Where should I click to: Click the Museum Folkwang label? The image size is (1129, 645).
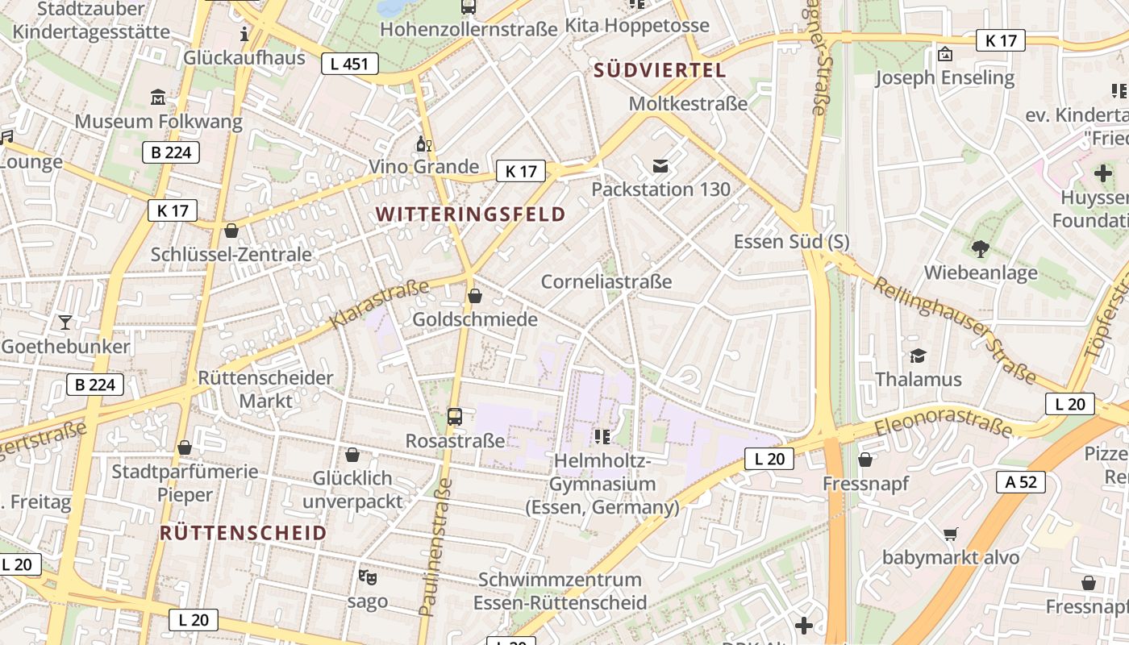(158, 122)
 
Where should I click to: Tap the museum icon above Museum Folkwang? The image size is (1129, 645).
(158, 98)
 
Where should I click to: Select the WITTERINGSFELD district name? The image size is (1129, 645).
(470, 214)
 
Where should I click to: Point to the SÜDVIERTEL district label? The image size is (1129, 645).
(660, 70)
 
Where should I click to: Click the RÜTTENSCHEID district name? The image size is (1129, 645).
(243, 533)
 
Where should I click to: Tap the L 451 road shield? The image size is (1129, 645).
(349, 64)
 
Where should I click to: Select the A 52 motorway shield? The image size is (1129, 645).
(1020, 482)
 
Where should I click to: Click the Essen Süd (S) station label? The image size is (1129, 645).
(791, 242)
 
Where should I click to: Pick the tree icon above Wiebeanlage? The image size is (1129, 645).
(981, 249)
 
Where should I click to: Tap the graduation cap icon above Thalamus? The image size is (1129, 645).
(918, 356)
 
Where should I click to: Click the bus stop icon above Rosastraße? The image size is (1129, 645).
(455, 417)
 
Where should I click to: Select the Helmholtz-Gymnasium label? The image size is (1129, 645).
(602, 484)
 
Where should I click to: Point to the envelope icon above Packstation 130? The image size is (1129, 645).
(660, 166)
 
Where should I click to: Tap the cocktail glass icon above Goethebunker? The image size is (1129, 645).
(65, 322)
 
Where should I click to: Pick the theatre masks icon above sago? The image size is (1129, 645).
(368, 577)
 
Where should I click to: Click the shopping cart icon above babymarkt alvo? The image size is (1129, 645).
(951, 534)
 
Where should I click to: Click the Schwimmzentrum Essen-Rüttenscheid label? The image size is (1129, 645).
(560, 591)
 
